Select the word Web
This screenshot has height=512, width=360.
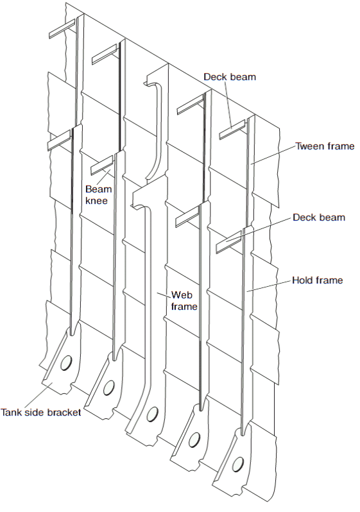click(x=182, y=295)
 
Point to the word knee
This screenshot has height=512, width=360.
click(x=96, y=200)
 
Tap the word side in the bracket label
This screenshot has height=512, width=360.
click(x=33, y=412)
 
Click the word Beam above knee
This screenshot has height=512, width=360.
click(x=98, y=189)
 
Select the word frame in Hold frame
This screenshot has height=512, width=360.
click(x=329, y=280)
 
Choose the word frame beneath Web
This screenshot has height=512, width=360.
click(x=184, y=307)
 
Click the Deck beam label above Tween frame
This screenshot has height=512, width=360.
click(x=230, y=77)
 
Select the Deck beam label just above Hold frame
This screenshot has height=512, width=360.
click(x=319, y=218)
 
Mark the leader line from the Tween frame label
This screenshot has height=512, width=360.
click(x=273, y=155)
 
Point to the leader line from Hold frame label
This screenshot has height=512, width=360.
click(x=268, y=286)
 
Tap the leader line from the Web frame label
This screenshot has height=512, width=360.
click(x=164, y=295)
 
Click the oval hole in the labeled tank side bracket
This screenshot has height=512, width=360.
click(x=66, y=363)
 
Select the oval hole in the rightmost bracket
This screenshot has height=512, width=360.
click(x=237, y=465)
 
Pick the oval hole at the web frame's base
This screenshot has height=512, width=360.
click(x=152, y=414)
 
